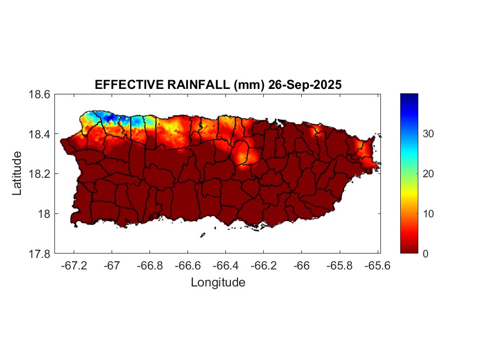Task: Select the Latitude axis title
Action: click(18, 173)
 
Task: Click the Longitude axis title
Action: click(218, 283)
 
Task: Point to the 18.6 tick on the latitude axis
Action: click(40, 94)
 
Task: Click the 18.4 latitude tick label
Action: click(40, 134)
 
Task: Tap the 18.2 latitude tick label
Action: click(40, 174)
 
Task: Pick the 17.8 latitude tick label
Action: click(40, 254)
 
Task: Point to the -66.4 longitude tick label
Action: click(225, 265)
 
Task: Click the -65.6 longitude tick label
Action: click(377, 265)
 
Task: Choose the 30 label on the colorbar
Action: click(428, 134)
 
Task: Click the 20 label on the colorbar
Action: click(428, 174)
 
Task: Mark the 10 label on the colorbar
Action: click(428, 214)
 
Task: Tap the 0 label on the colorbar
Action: click(426, 254)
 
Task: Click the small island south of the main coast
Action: click(202, 235)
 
